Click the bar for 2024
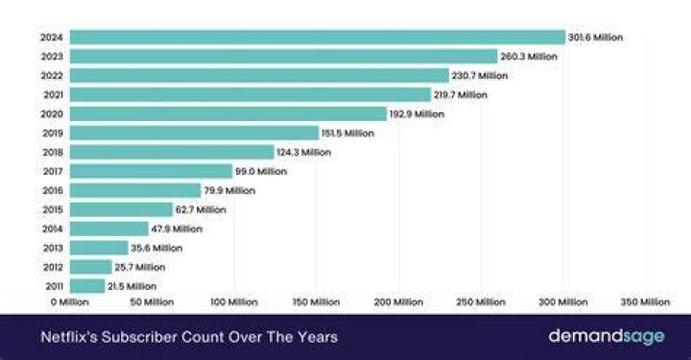[x=318, y=37]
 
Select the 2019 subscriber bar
[x=194, y=133]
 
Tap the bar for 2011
[x=87, y=286]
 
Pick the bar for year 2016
[x=135, y=190]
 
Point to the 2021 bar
[x=250, y=95]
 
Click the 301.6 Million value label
[x=595, y=37]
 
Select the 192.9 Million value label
[x=417, y=114]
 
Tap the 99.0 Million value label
[x=261, y=172]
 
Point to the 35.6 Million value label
[x=156, y=248]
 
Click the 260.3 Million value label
[x=529, y=57]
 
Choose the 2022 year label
[x=52, y=76]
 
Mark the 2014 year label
[x=53, y=228]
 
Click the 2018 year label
[x=53, y=153]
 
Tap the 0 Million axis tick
[x=70, y=302]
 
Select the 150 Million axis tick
[x=316, y=302]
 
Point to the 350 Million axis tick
[x=645, y=302]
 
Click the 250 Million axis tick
[x=481, y=302]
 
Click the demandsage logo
[x=607, y=337]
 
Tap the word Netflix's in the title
[x=68, y=337]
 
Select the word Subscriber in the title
[x=139, y=337]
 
